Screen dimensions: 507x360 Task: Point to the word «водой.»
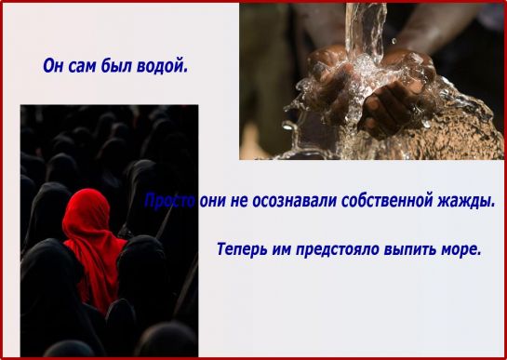click(162, 66)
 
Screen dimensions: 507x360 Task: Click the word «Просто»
click(169, 201)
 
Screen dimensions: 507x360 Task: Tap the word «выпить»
click(409, 249)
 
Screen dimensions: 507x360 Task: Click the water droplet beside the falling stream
click(394, 41)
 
